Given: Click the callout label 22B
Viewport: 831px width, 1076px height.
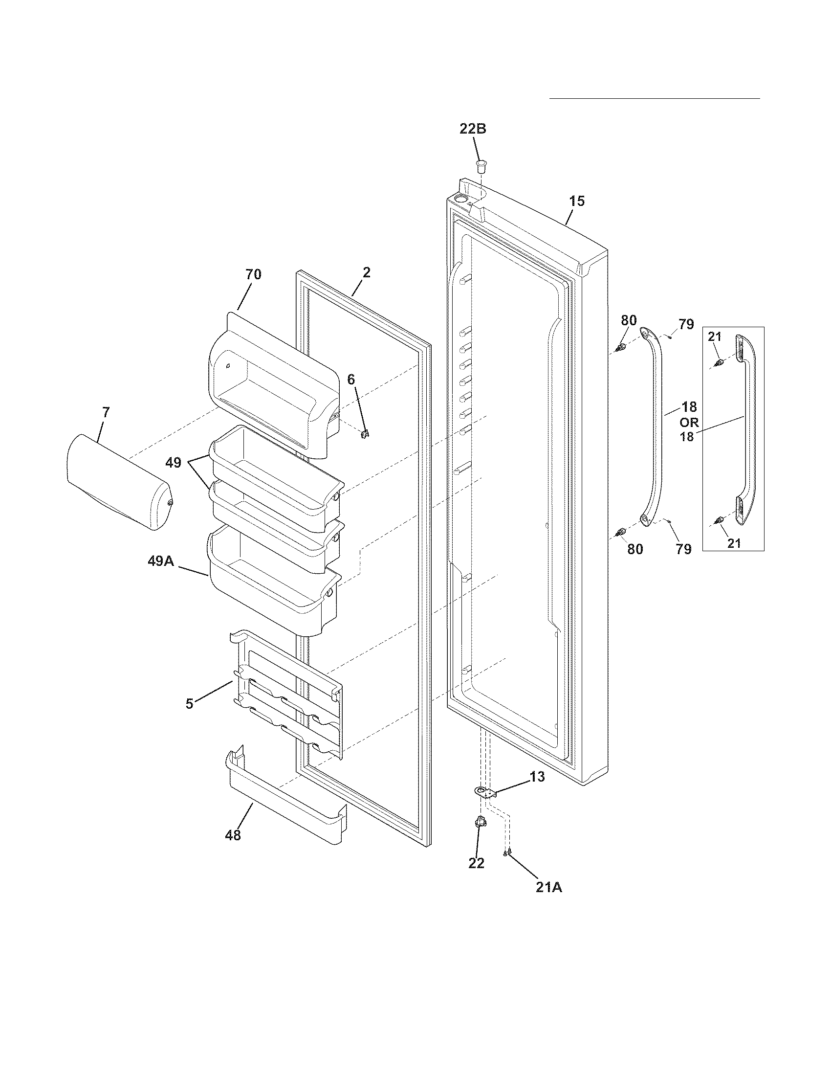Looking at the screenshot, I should tap(473, 129).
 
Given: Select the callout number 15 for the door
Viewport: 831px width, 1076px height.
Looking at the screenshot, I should tap(577, 201).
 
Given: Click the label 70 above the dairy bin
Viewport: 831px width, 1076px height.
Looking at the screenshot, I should tap(253, 274).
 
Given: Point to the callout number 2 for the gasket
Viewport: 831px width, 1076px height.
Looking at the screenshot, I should tap(366, 272).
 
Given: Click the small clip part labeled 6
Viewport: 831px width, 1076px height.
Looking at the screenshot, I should tap(365, 435).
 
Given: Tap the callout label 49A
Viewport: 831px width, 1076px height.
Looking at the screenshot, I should tap(161, 560).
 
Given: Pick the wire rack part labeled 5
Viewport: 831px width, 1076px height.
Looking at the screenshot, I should tap(288, 698).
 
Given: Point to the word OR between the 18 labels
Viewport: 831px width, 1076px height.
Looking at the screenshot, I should tap(689, 423).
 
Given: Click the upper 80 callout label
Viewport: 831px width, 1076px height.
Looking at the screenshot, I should tap(628, 320).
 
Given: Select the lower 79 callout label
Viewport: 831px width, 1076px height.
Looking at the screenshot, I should tap(683, 549).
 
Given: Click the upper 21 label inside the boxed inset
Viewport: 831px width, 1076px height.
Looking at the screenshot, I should tap(714, 336).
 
